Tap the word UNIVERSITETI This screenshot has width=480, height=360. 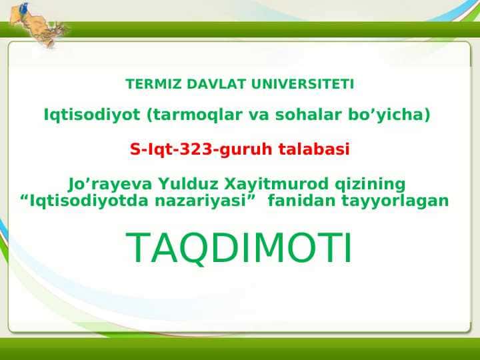[303, 84]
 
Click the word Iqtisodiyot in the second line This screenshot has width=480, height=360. [92, 115]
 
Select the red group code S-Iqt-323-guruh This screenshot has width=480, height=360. [201, 150]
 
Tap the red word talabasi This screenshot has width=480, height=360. [314, 149]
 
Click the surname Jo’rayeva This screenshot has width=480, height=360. [110, 185]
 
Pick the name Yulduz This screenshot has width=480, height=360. [188, 184]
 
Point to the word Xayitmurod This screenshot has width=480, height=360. [277, 185]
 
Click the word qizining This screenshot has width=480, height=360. [370, 185]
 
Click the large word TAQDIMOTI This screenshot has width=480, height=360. [239, 248]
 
